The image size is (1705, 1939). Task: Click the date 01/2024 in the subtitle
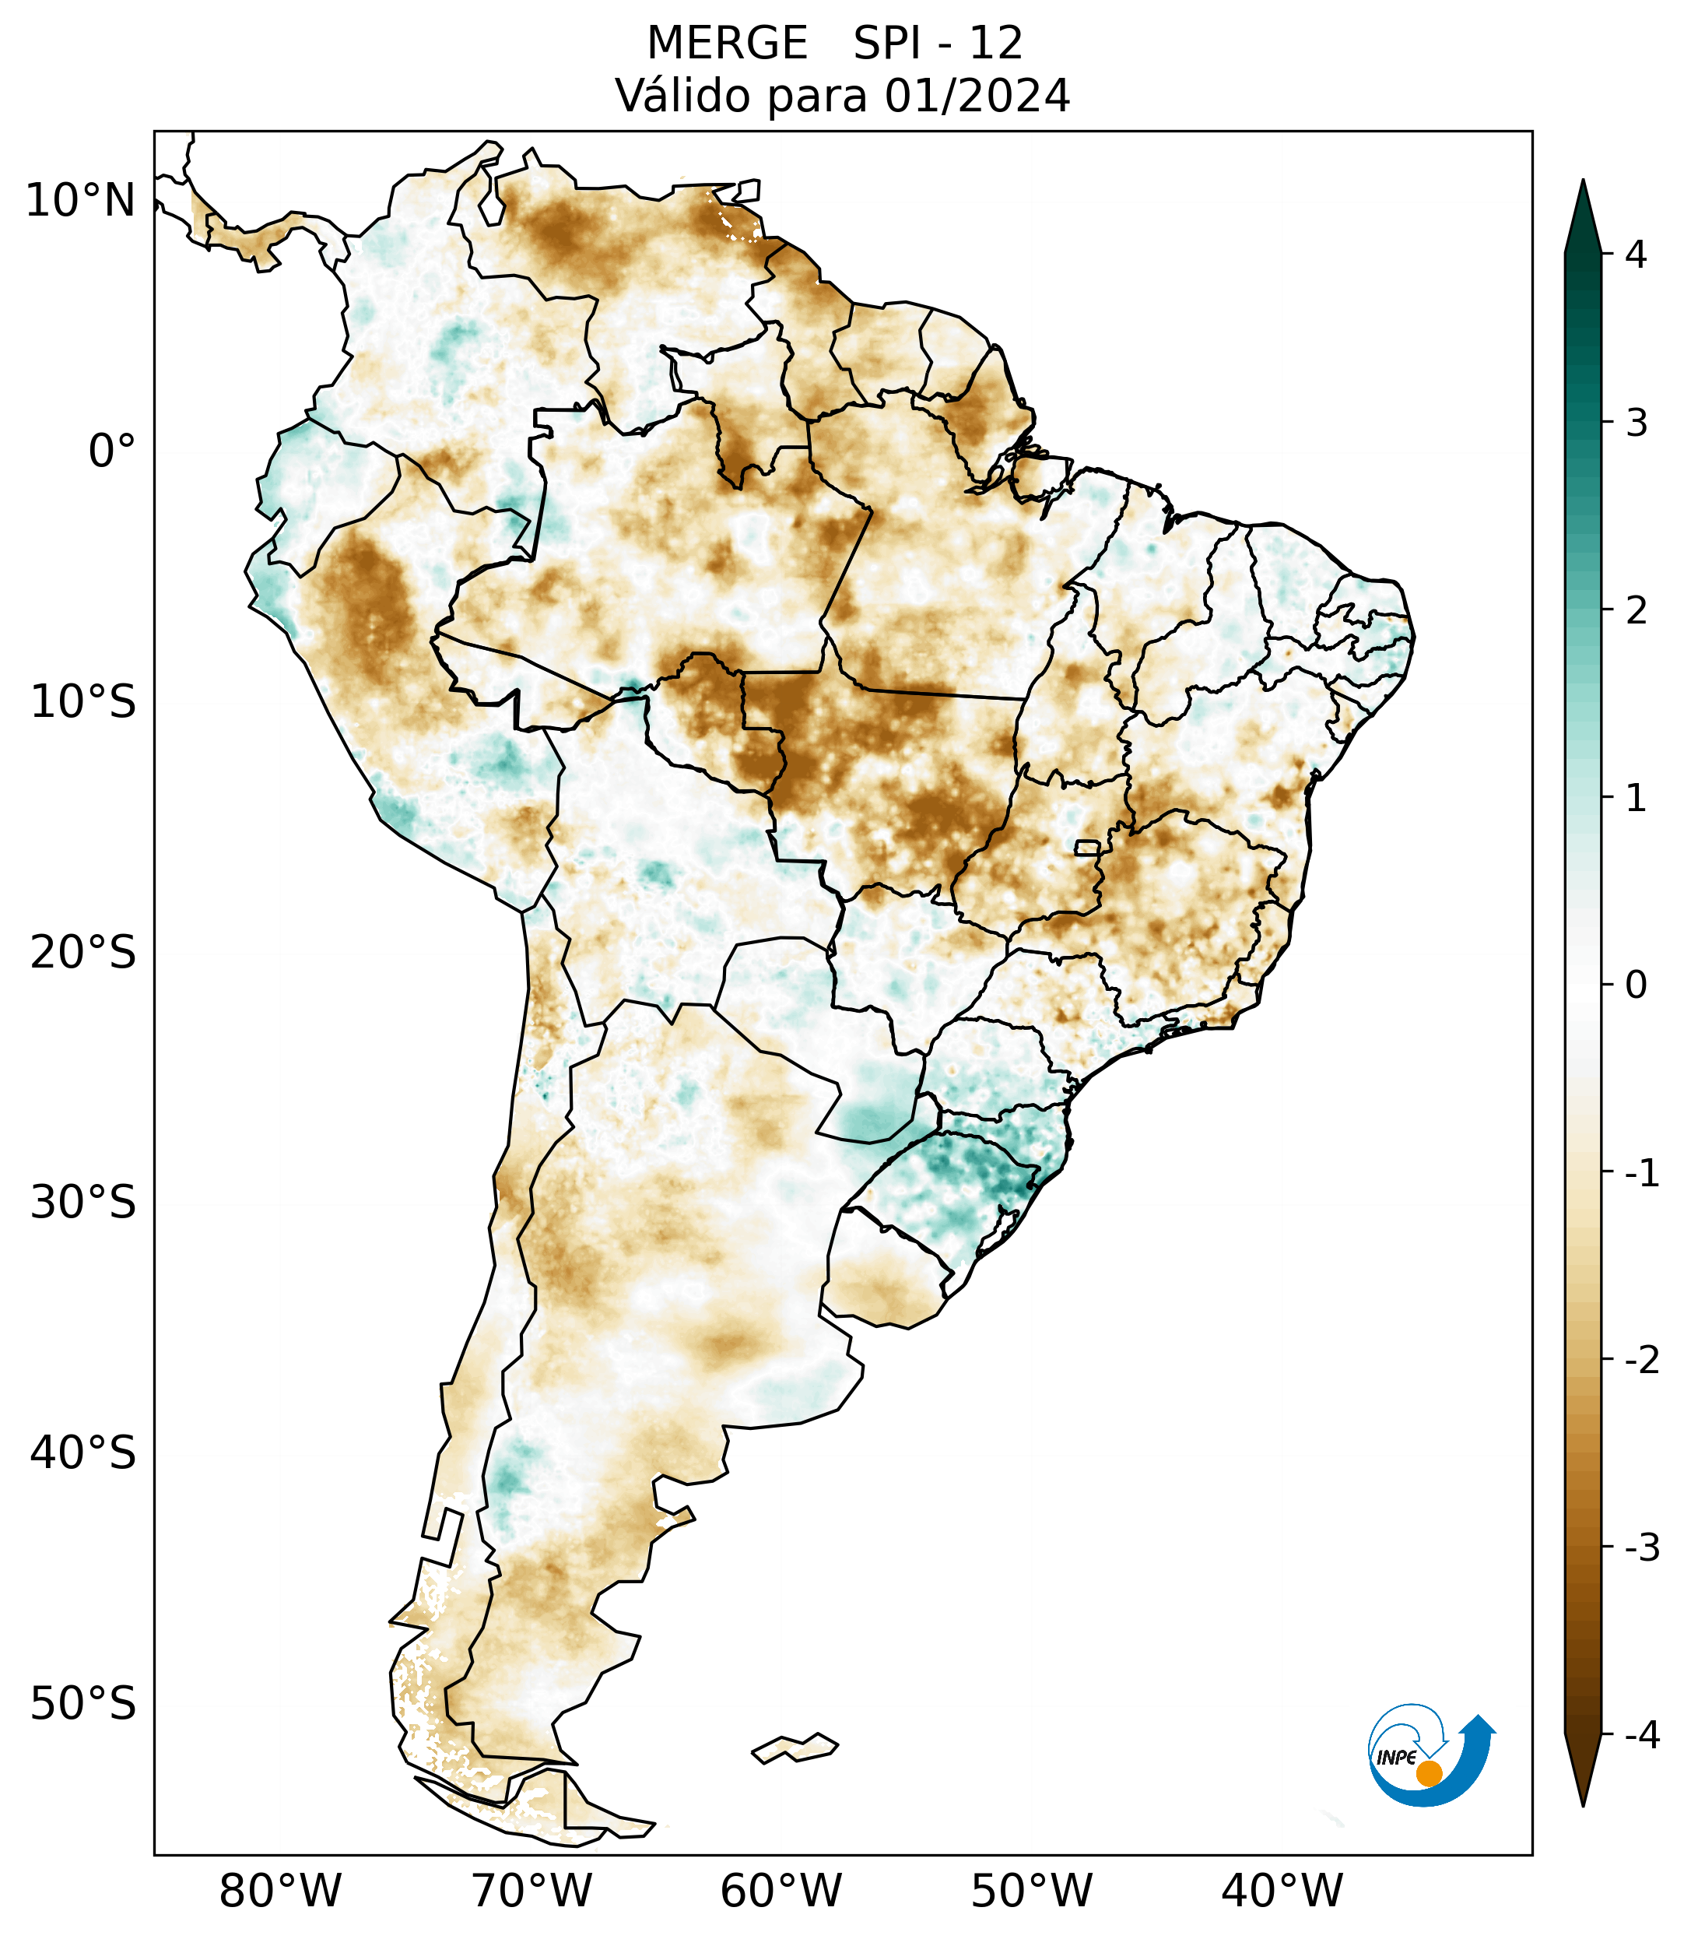click(977, 96)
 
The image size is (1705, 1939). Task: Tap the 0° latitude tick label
click(112, 451)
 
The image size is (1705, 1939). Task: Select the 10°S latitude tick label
click(83, 702)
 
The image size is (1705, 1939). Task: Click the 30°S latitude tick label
click(83, 1203)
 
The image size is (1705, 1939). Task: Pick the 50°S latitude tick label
click(83, 1704)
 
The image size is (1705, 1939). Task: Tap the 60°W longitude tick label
click(781, 1891)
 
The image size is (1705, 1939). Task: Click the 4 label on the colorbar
click(1636, 255)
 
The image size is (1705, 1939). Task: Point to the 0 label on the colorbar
click(1636, 985)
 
